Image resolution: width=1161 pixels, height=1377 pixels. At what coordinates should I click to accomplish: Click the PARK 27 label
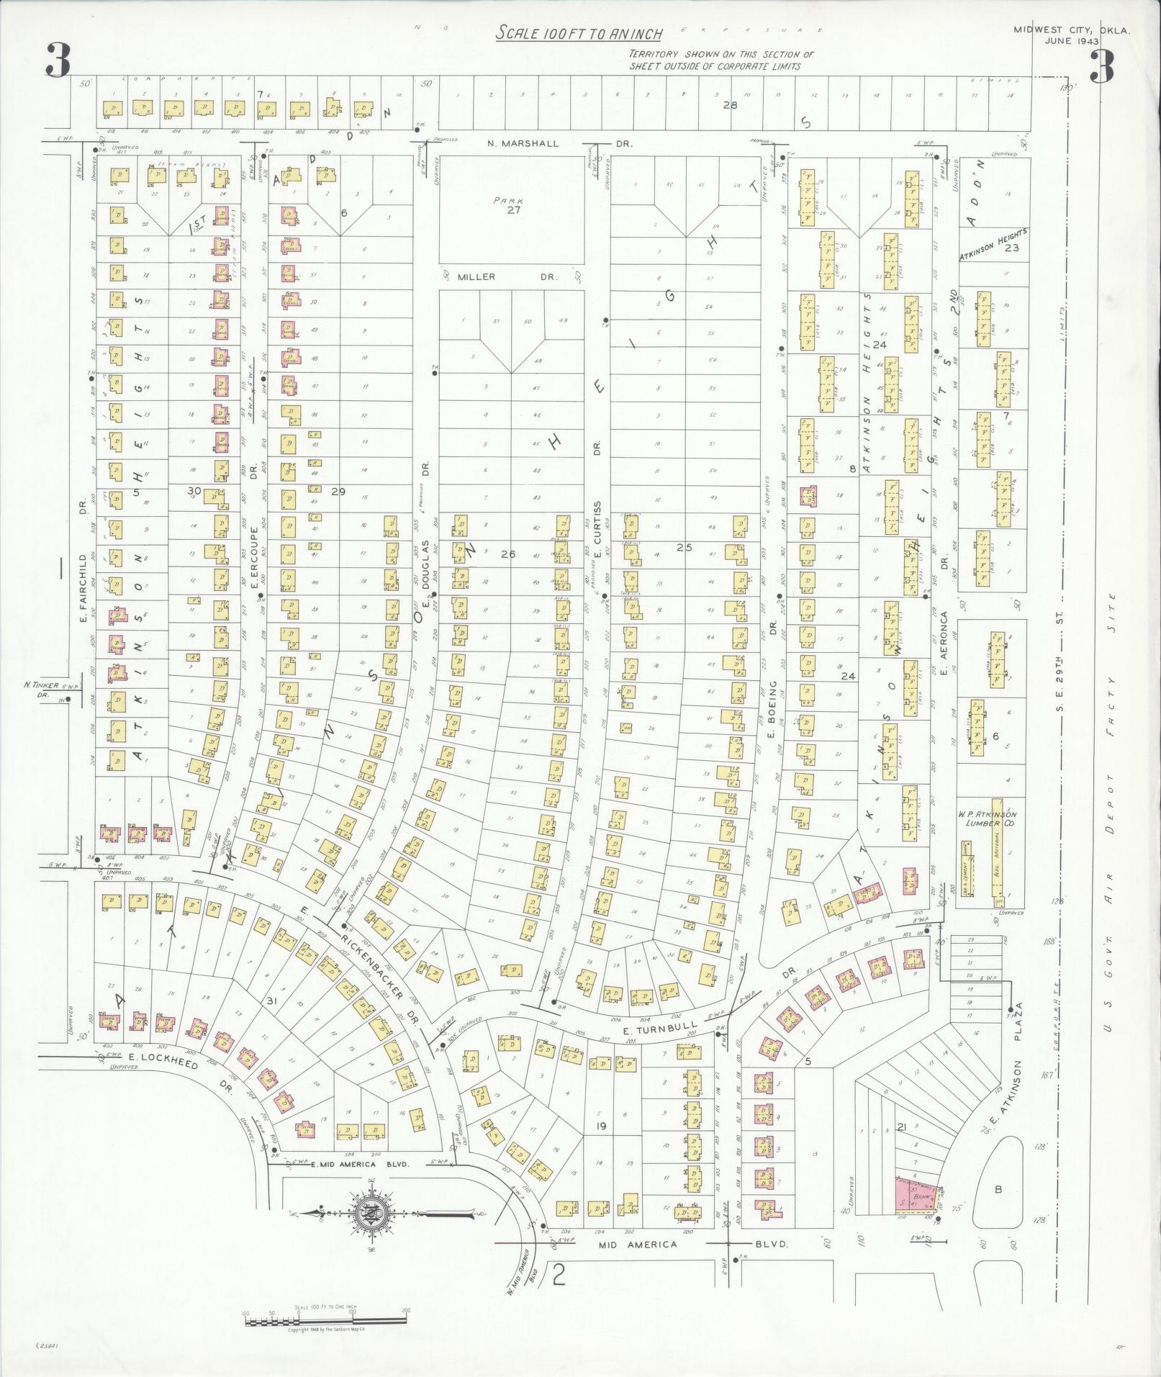pyautogui.click(x=512, y=206)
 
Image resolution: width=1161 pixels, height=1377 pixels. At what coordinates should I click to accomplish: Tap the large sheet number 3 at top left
pyautogui.click(x=58, y=61)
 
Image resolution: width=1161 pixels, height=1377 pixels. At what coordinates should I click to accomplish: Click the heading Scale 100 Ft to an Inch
pyautogui.click(x=579, y=33)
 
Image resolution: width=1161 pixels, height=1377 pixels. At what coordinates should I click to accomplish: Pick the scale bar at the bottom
pyautogui.click(x=327, y=1320)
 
